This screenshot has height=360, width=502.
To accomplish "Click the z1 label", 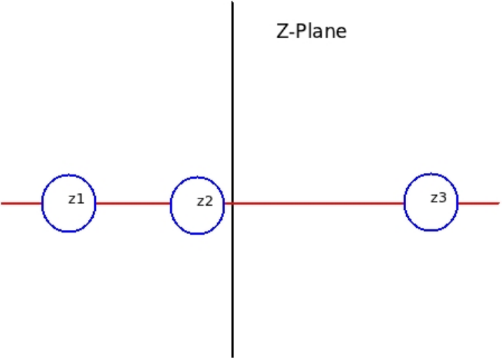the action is click(76, 199).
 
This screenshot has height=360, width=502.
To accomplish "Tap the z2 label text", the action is click(205, 202).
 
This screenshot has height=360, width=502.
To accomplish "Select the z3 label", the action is click(438, 198).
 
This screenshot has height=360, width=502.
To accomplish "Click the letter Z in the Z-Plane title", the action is click(282, 31).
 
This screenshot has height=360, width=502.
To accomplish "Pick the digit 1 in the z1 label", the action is click(80, 199).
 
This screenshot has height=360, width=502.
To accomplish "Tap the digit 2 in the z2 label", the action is click(209, 201).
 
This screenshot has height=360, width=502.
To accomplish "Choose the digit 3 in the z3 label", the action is click(443, 198).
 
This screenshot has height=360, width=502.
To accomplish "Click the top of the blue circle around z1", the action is click(69, 175).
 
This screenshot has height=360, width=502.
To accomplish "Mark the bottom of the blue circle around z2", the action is click(197, 234).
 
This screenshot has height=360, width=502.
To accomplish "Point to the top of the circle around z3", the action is click(431, 174).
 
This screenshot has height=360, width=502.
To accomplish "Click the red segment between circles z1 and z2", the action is click(133, 203).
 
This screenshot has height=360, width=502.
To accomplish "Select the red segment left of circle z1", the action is click(21, 203).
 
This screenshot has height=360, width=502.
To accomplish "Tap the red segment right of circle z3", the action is click(479, 203).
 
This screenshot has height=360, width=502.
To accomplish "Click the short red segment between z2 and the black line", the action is click(228, 203).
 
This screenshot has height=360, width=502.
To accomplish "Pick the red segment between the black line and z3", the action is click(319, 203).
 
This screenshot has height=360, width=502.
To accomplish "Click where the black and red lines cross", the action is click(233, 203).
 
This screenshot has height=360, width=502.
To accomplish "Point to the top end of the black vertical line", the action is click(233, 2).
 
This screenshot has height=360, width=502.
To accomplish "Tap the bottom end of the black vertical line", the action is click(233, 357).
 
